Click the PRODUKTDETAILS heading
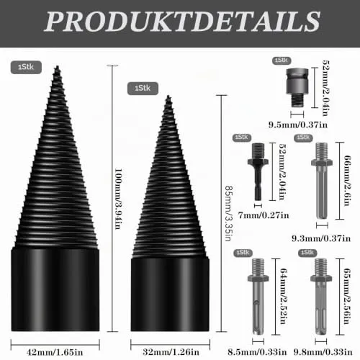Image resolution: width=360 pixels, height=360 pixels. (182, 22)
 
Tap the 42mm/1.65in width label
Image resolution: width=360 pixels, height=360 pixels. (55, 352)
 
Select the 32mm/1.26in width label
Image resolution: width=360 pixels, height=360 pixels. (171, 352)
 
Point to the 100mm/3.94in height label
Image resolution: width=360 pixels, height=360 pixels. (118, 199)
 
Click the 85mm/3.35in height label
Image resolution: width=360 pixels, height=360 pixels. (228, 213)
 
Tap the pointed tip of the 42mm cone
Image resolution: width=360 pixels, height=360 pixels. (57, 66)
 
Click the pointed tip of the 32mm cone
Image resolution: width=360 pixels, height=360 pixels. (168, 96)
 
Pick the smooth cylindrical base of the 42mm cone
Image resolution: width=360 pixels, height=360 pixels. (55, 289)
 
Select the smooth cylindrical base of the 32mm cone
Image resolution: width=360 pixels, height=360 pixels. (170, 294)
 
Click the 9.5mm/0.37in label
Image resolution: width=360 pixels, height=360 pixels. (298, 125)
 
